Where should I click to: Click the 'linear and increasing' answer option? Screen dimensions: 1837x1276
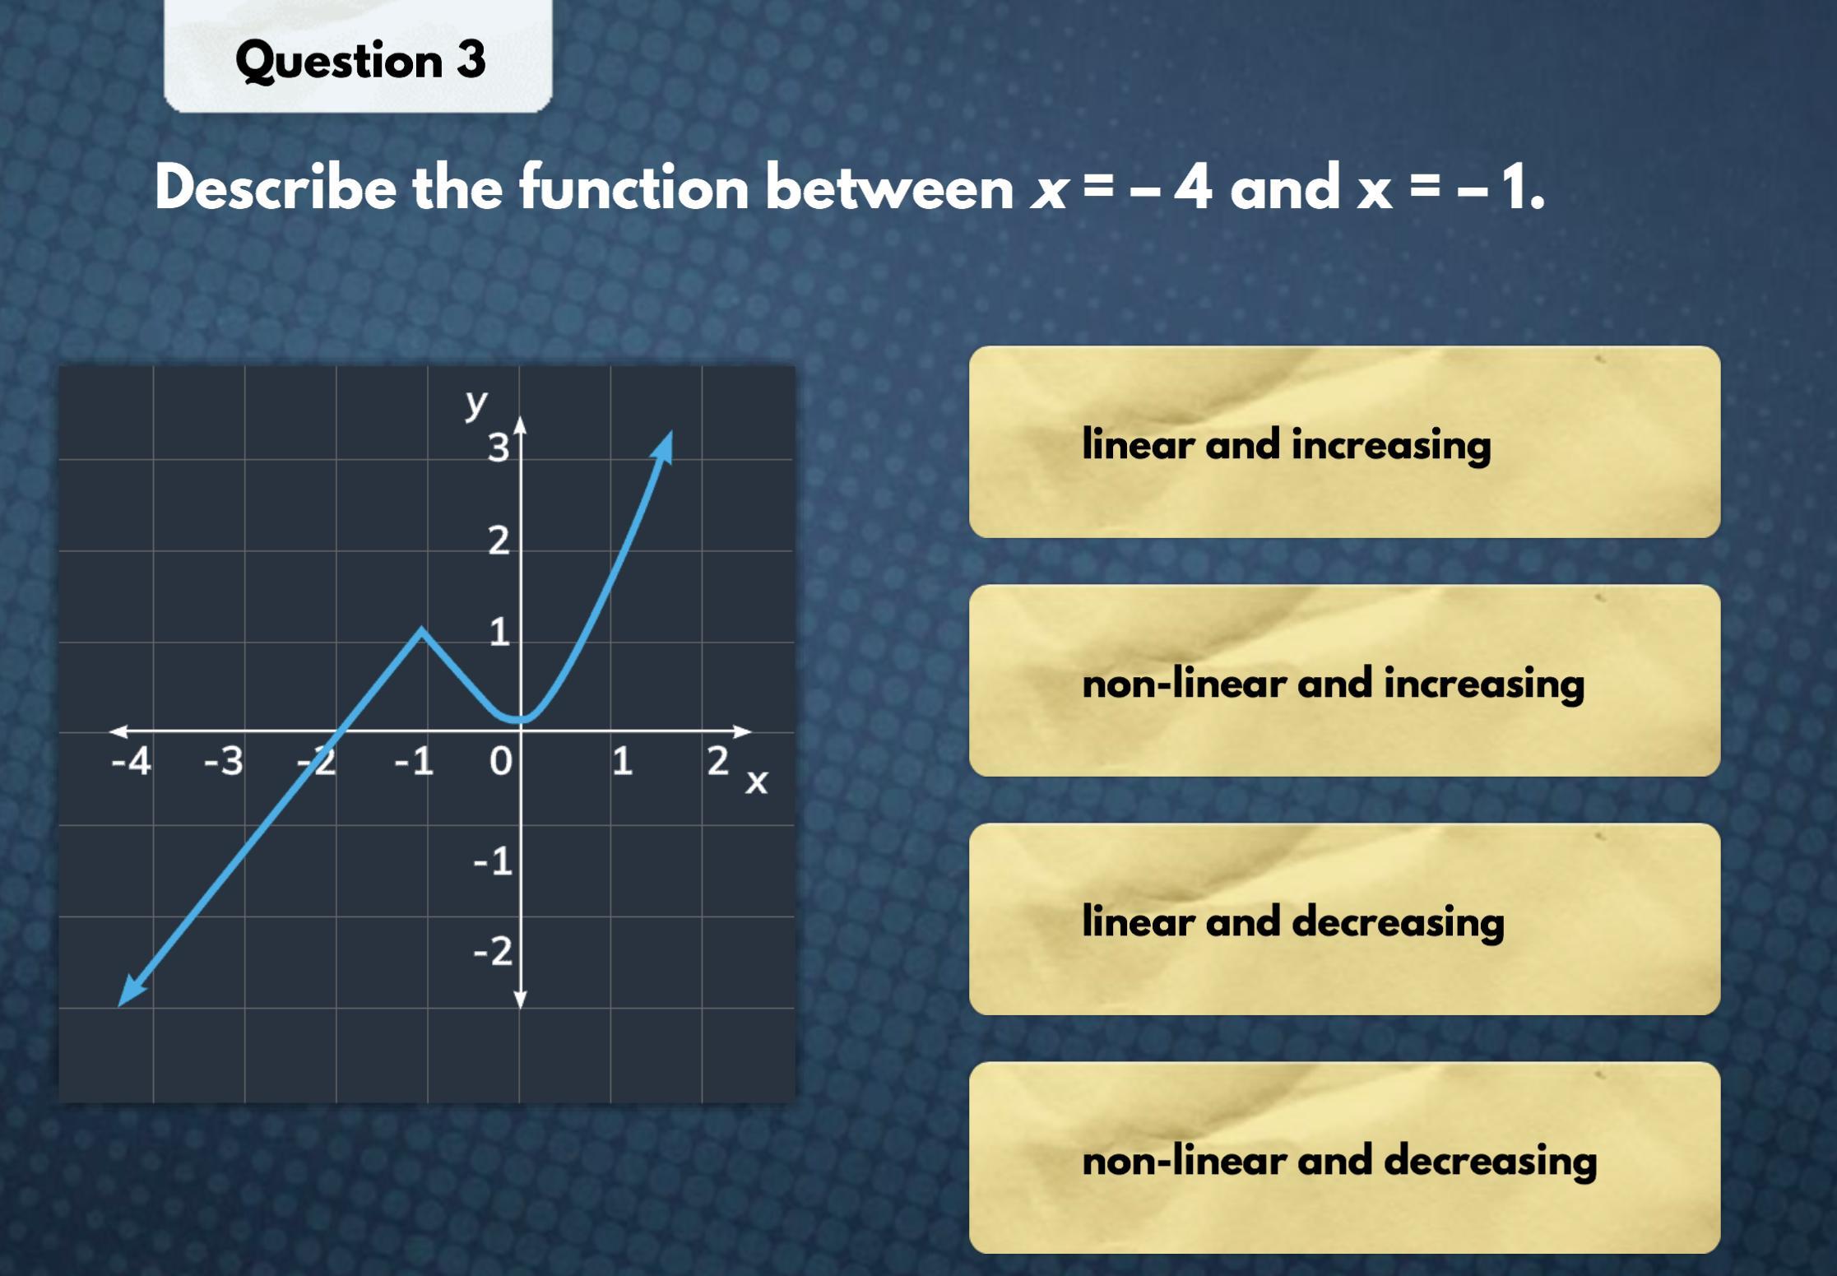[1344, 443]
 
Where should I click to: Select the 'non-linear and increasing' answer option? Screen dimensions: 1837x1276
[1344, 681]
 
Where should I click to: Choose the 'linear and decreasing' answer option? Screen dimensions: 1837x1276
[1344, 920]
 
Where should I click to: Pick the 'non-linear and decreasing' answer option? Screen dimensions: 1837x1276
[1344, 1158]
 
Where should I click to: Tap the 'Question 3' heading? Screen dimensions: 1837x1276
[360, 61]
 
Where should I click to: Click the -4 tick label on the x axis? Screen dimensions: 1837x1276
[132, 762]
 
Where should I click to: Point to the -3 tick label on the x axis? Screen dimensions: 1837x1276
[224, 762]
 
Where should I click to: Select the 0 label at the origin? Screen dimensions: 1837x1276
[500, 762]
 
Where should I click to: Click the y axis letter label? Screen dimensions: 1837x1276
[476, 404]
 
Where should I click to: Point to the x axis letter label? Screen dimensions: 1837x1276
[756, 782]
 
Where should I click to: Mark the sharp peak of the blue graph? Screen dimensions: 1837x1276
[421, 629]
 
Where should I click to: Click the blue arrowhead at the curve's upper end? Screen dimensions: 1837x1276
[663, 447]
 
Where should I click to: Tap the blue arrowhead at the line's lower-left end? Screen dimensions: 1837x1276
[132, 991]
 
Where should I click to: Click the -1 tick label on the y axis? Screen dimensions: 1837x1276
[493, 861]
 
